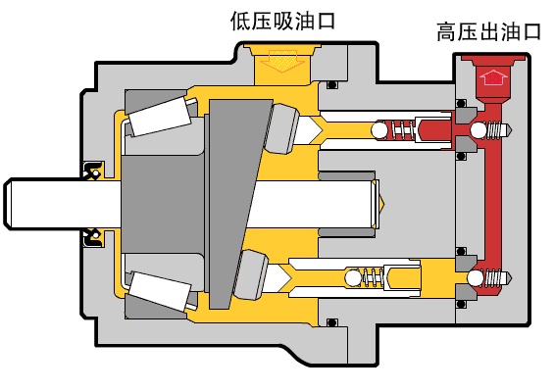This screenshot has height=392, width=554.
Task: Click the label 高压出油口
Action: tap(489, 32)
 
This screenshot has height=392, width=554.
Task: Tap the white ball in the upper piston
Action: tap(378, 130)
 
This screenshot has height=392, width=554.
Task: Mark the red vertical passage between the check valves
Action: tap(494, 206)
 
